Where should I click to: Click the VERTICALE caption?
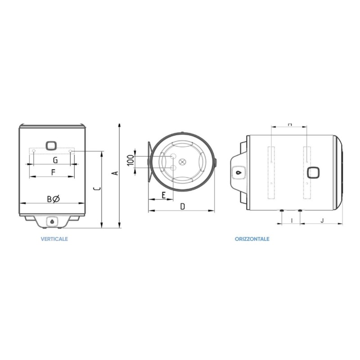click(54, 239)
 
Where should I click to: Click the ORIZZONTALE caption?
click(252, 239)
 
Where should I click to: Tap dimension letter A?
click(116, 173)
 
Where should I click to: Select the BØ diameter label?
click(53, 199)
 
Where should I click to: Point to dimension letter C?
click(98, 189)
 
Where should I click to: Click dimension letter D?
click(182, 207)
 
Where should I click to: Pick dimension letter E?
click(163, 195)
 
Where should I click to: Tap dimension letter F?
click(53, 172)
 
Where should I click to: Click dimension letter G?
click(55, 160)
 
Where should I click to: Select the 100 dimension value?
click(130, 160)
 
